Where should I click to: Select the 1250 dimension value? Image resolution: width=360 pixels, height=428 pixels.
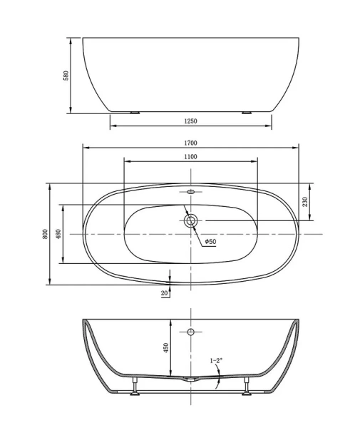coord(190,121)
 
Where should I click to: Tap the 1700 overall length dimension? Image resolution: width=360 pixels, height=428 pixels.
coord(190,143)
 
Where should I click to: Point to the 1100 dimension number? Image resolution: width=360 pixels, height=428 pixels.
coord(190,156)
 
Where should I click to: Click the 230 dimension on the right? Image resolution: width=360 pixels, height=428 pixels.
coord(305,202)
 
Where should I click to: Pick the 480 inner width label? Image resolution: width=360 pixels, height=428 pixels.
coord(59,233)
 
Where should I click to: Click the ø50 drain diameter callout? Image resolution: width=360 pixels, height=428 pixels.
coord(210,242)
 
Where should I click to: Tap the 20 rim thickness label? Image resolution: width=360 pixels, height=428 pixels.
coord(165,292)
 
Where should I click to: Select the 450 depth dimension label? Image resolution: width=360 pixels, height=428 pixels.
coord(165,347)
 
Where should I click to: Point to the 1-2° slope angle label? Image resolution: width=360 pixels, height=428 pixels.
coord(216,361)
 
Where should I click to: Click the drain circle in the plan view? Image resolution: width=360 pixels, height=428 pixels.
coord(190,221)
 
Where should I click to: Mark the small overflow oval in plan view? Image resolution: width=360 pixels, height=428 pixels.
coord(190,191)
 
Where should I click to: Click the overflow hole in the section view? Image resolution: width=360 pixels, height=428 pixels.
coord(190,332)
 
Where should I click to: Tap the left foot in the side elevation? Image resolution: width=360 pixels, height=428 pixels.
coord(135,111)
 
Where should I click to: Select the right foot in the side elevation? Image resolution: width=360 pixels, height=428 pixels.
coord(247,111)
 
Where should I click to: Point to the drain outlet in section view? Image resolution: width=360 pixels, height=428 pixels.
coord(190,381)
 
